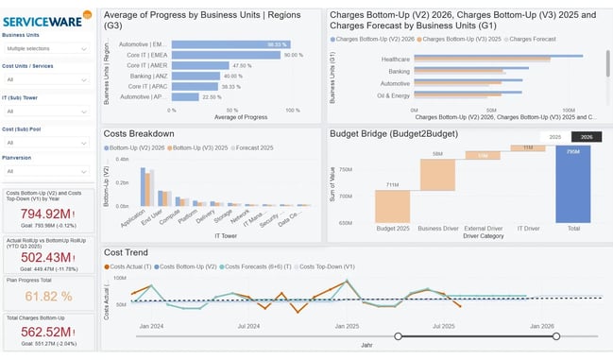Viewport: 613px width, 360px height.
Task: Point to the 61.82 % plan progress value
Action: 49,296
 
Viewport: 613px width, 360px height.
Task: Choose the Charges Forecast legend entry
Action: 536,39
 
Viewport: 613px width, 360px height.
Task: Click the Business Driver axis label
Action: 437,228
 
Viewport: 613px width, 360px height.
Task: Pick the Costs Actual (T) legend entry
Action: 129,267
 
